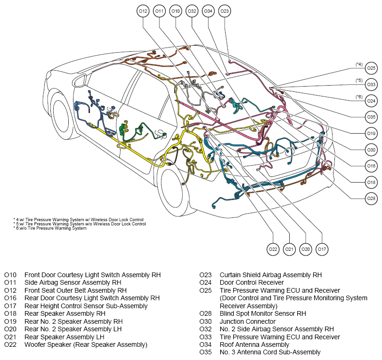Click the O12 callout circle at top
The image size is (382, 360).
click(143, 11)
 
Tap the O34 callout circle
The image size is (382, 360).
click(208, 11)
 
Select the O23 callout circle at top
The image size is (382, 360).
click(225, 11)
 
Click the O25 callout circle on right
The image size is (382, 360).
click(371, 68)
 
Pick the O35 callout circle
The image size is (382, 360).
click(371, 117)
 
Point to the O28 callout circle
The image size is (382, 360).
click(371, 199)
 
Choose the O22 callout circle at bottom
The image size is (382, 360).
click(273, 249)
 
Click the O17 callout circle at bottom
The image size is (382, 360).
click(322, 249)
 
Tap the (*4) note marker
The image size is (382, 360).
click(359, 64)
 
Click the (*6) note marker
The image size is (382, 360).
click(359, 97)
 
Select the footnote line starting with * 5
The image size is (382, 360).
click(80, 224)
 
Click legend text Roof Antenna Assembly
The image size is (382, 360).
click(254, 344)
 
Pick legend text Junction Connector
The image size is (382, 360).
click(247, 321)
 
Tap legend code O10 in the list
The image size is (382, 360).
click(10, 275)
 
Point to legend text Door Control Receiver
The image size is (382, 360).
click(252, 283)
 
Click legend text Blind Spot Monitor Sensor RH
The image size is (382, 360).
click(263, 313)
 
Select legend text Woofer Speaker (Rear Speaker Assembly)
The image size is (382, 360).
click(86, 344)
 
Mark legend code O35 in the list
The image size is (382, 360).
click(205, 352)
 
